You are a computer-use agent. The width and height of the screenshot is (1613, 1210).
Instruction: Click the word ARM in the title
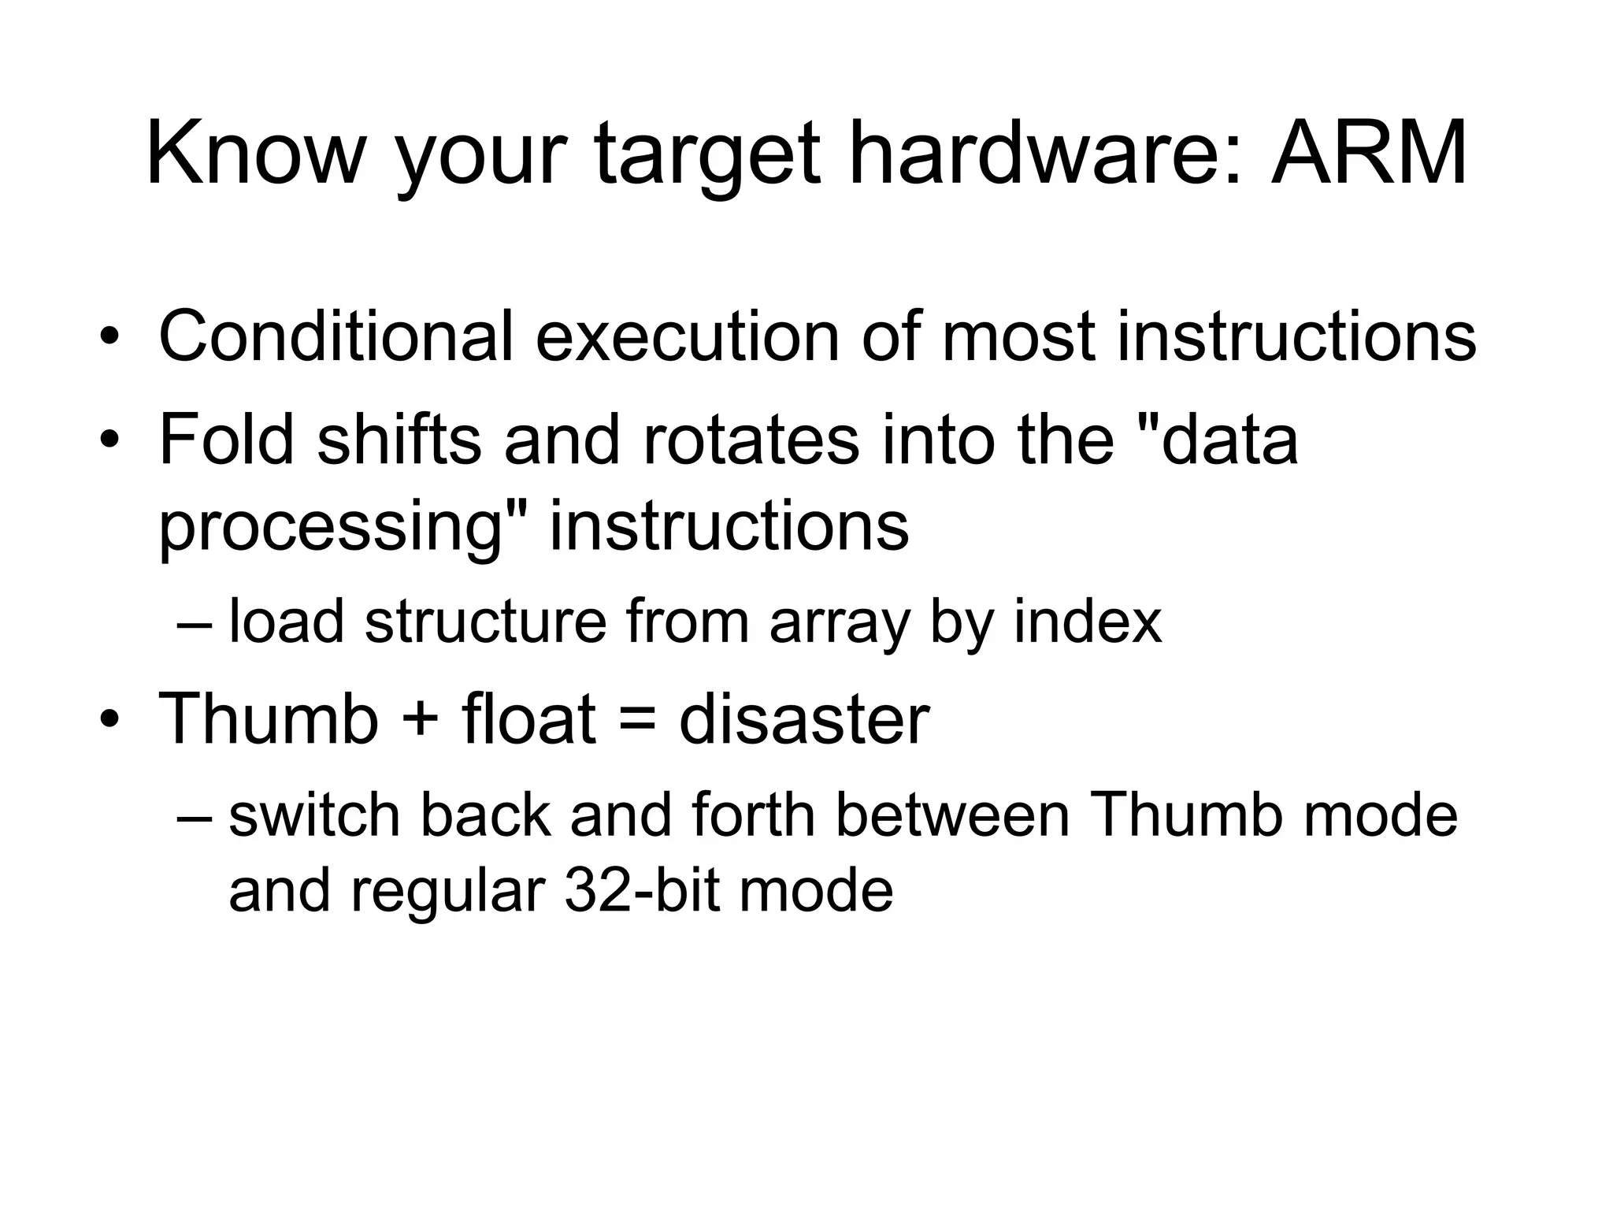[x=1368, y=154]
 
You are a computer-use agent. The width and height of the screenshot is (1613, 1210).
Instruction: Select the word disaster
[x=804, y=719]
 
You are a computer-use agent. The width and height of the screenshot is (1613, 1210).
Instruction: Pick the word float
[x=528, y=719]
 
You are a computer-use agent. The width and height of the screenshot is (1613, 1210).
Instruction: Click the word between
[x=952, y=815]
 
